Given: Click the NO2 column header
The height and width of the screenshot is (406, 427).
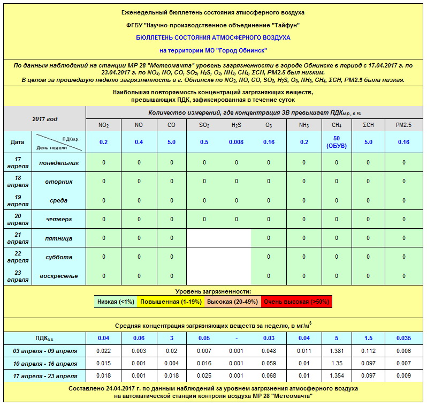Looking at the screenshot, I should [x=104, y=125].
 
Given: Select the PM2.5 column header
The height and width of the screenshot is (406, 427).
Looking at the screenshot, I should [x=404, y=125].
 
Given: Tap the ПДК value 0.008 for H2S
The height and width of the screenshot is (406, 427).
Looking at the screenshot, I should [x=236, y=142].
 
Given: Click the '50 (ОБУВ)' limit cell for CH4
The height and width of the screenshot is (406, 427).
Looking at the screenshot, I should [x=337, y=142].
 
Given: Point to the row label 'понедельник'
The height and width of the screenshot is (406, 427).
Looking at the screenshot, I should [x=59, y=162].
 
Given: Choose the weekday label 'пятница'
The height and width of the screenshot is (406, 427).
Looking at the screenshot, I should [x=59, y=238].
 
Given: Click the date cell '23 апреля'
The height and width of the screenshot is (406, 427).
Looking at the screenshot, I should [x=18, y=276].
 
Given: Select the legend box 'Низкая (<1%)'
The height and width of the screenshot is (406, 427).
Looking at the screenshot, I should [x=116, y=302].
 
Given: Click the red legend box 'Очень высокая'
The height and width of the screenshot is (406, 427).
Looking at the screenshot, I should [x=297, y=302].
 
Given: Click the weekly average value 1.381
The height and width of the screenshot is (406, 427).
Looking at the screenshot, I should [x=337, y=351].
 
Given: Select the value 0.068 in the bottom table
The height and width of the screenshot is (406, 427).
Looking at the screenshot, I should [x=269, y=376].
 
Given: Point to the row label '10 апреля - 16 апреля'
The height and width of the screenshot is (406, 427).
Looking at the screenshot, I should [x=45, y=364].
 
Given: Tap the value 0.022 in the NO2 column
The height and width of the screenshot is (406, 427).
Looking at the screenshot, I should [x=104, y=351].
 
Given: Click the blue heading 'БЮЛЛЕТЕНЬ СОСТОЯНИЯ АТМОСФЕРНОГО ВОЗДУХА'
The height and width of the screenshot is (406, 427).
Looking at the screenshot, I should [x=213, y=37].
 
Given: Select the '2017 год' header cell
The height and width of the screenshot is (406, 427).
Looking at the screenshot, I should [x=44, y=118].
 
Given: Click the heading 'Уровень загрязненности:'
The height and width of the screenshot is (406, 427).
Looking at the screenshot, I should [x=213, y=291].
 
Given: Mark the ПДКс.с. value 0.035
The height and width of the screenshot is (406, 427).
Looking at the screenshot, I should [x=404, y=338].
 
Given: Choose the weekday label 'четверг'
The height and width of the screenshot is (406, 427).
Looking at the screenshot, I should [x=59, y=219].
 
